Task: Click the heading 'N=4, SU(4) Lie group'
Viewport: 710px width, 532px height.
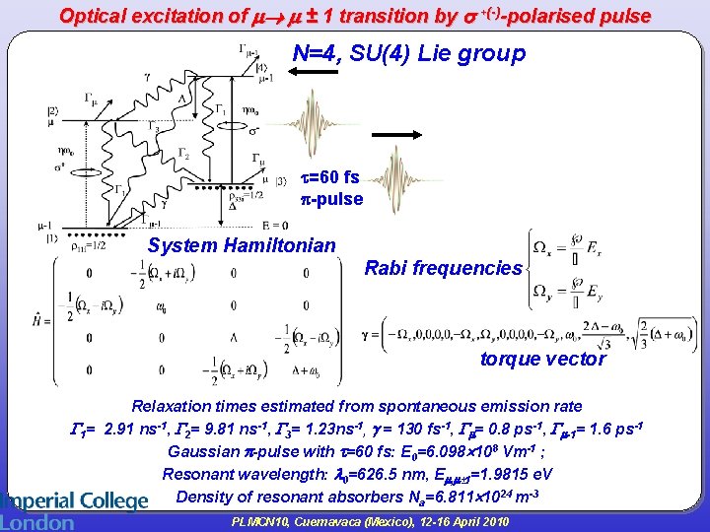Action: point(409,54)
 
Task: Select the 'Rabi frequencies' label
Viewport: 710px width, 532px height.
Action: point(443,268)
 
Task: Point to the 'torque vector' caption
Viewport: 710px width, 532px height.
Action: point(542,359)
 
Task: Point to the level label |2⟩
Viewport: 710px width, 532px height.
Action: point(51,110)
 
